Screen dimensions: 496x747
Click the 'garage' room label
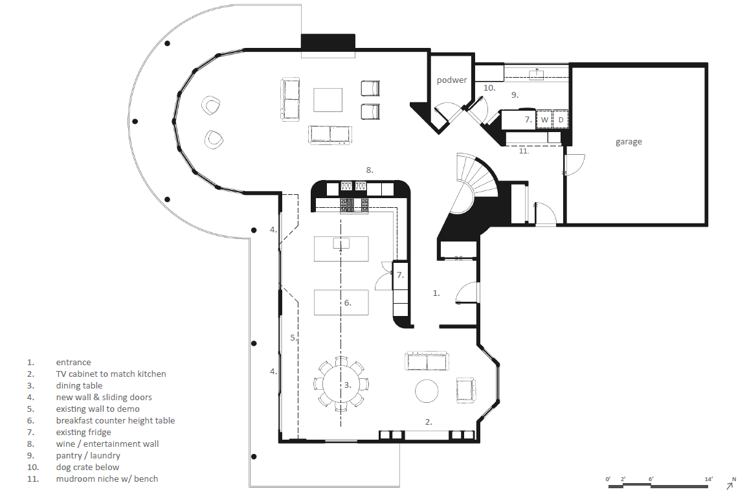pyautogui.click(x=629, y=142)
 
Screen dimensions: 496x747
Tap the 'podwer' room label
pyautogui.click(x=451, y=80)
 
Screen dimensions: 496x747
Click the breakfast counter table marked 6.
pyautogui.click(x=341, y=302)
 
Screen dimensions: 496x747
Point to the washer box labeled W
pyautogui.click(x=544, y=120)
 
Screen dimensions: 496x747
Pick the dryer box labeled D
pyautogui.click(x=561, y=120)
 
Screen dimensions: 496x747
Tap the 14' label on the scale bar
pyautogui.click(x=709, y=479)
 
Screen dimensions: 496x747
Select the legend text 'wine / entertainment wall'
pyautogui.click(x=107, y=444)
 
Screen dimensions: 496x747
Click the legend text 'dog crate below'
pyautogui.click(x=87, y=468)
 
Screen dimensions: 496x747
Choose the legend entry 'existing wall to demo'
pyautogui.click(x=98, y=409)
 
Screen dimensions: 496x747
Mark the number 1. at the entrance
pyautogui.click(x=436, y=293)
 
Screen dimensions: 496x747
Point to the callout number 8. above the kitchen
pyautogui.click(x=370, y=170)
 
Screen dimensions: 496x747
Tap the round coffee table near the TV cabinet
pyautogui.click(x=427, y=391)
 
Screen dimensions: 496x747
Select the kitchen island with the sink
pyautogui.click(x=341, y=249)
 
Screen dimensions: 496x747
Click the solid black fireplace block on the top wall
pyautogui.click(x=328, y=42)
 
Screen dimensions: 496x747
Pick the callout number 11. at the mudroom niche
pyautogui.click(x=524, y=151)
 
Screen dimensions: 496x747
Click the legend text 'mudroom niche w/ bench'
pyautogui.click(x=107, y=479)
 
